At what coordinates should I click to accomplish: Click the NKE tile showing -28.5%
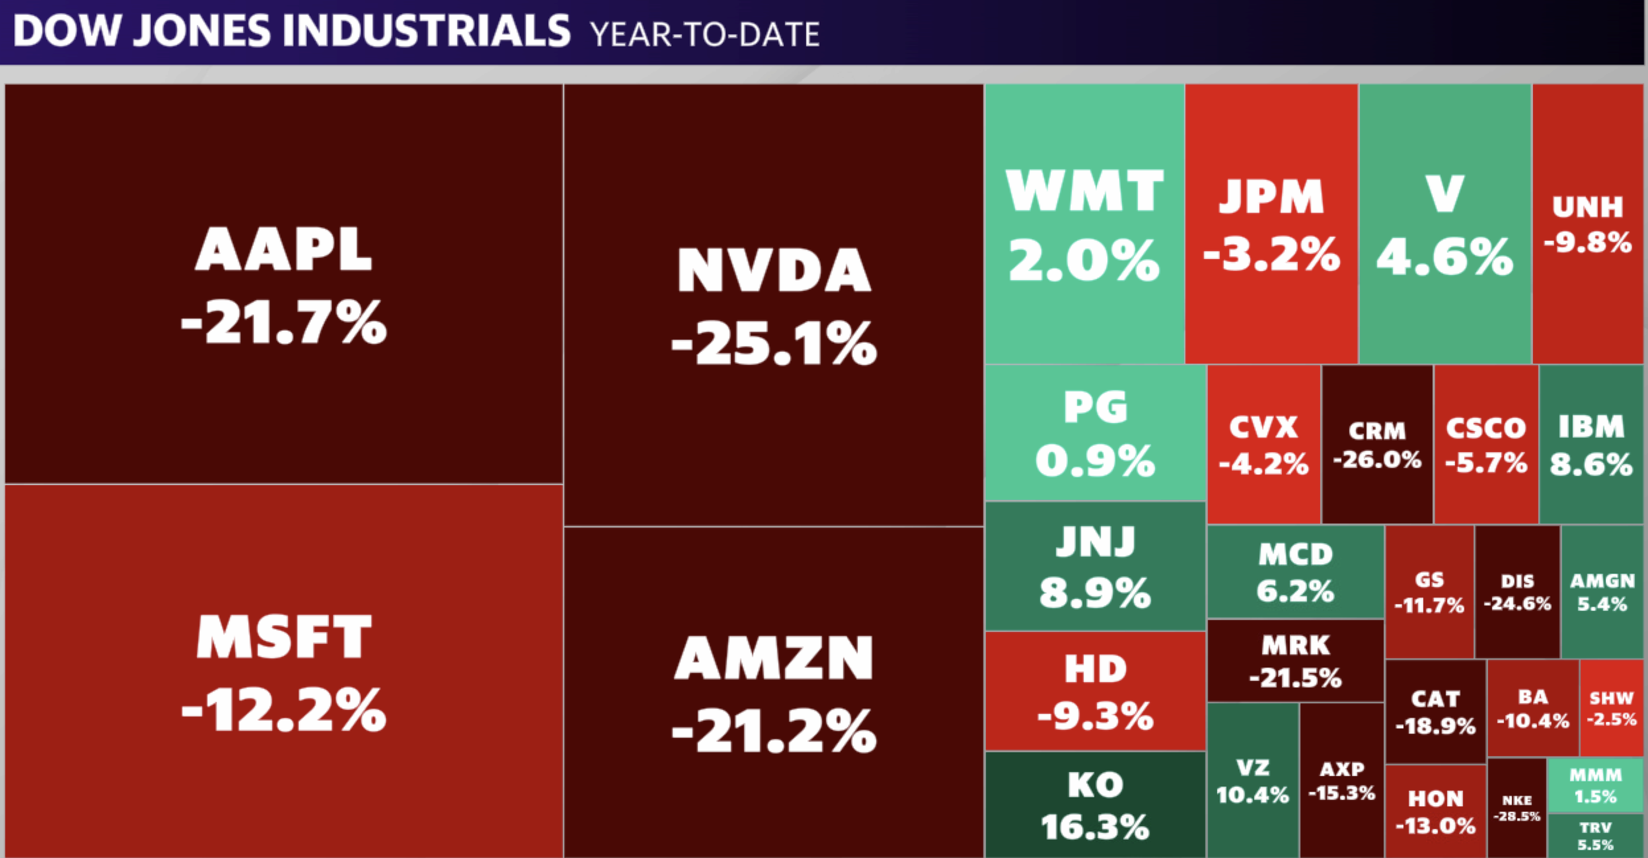coord(1516,808)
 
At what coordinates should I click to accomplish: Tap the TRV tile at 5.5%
coord(1595,836)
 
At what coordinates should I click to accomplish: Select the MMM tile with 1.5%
coord(1595,785)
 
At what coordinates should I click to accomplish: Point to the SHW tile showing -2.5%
coord(1611,708)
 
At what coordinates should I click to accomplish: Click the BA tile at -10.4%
coord(1532,708)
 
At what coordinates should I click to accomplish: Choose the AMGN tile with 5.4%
coord(1602,592)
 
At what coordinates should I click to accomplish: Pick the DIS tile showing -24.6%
coord(1517,592)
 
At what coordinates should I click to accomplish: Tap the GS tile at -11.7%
coord(1429,592)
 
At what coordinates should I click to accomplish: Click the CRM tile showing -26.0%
coord(1377,444)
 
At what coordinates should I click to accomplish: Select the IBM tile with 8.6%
coord(1591,444)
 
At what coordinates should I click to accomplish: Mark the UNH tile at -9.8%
coord(1587,223)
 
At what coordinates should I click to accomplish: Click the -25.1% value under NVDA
coord(774,344)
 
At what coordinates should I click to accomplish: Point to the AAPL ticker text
coord(283,250)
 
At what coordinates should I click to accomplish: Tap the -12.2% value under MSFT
coord(283,711)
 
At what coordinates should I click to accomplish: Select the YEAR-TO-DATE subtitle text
coord(704,34)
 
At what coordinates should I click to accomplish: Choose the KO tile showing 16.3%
coord(1095,805)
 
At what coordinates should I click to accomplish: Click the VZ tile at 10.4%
coord(1252,781)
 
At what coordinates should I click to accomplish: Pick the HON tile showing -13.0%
coord(1435,811)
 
